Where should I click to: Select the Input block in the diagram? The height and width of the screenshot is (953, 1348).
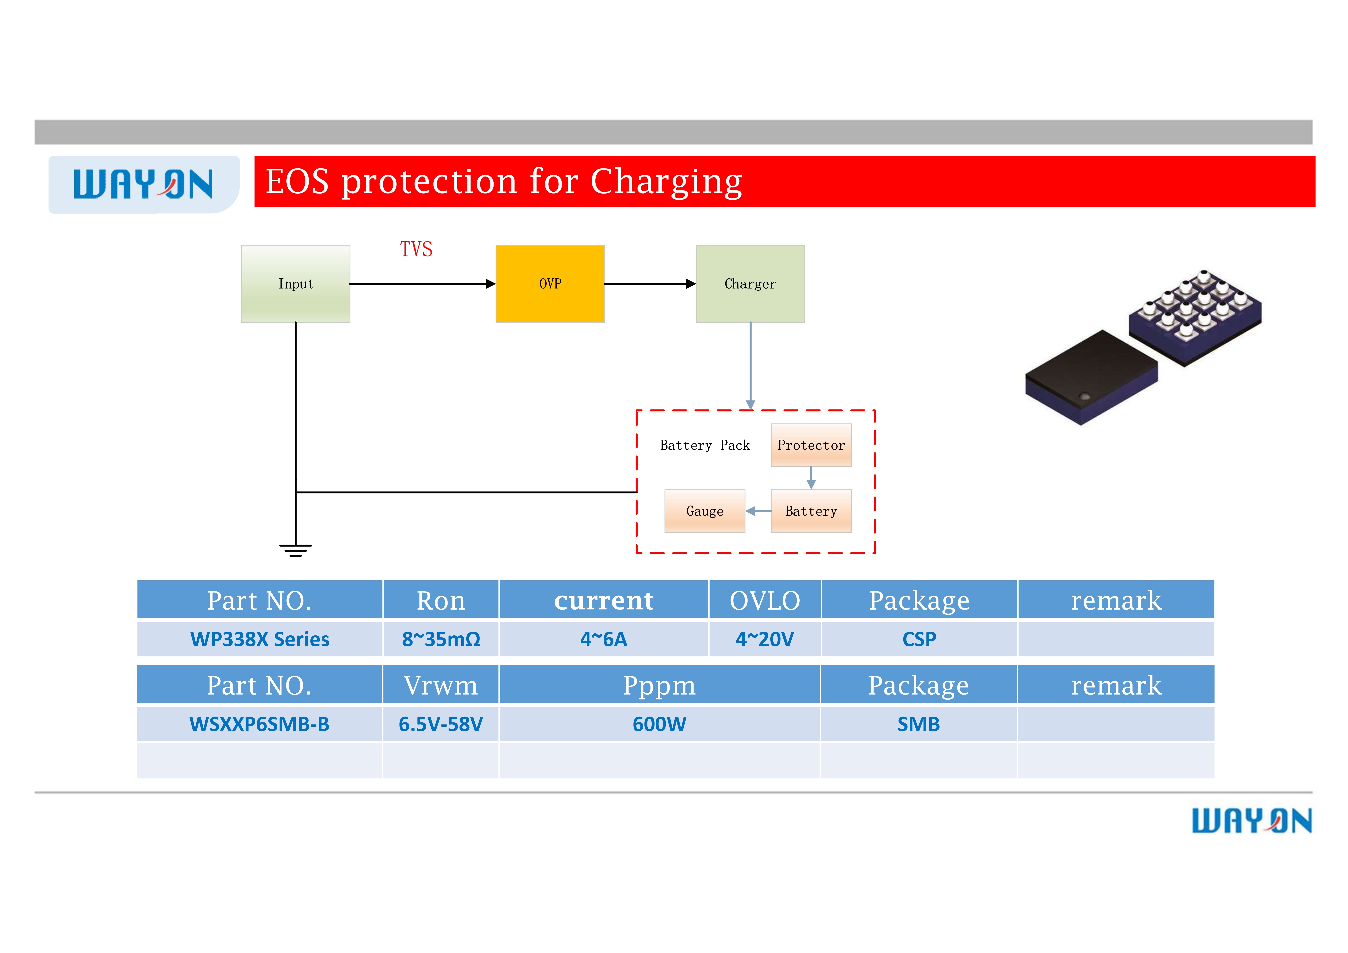(295, 284)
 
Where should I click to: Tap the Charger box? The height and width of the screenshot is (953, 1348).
(750, 284)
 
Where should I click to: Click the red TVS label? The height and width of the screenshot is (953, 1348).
(416, 250)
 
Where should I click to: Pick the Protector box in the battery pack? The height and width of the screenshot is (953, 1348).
(811, 445)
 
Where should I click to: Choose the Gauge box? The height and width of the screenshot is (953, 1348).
(705, 511)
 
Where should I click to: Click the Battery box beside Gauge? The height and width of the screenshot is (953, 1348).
(811, 511)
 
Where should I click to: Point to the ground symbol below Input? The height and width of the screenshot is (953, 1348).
(295, 550)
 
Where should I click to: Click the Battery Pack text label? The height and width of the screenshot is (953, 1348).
(705, 445)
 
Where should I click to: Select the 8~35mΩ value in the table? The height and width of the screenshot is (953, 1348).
(441, 639)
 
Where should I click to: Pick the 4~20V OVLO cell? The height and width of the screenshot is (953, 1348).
(764, 639)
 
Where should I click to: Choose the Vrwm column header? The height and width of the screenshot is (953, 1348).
(441, 685)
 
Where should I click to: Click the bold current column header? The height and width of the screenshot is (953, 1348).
(603, 600)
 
